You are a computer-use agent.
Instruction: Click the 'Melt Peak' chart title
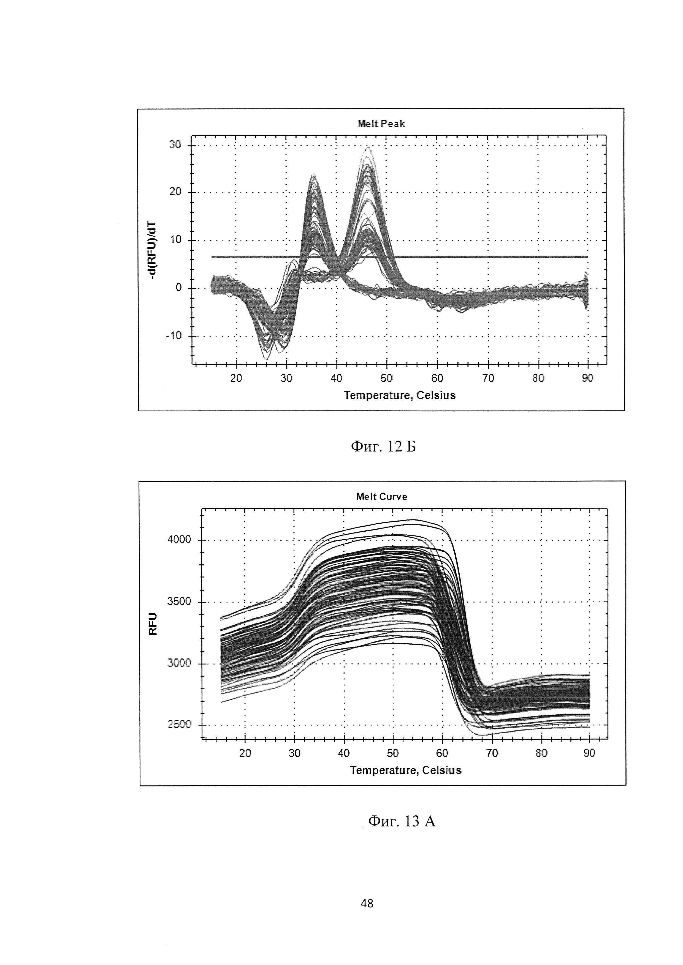coord(381,124)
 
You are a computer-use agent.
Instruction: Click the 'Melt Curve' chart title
coord(381,496)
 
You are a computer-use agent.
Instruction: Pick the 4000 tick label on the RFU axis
coord(179,540)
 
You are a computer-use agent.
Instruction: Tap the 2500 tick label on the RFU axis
coord(179,725)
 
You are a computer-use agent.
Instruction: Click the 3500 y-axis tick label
coord(179,602)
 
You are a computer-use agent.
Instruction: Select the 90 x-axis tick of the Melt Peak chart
coord(587,378)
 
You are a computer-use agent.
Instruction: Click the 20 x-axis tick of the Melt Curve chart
coord(245,753)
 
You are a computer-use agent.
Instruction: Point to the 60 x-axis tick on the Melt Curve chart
coord(443,753)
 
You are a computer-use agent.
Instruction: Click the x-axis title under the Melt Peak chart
coord(400,395)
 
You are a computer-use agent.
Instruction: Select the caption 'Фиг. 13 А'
coord(402,821)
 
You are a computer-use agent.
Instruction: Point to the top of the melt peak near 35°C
coord(313,175)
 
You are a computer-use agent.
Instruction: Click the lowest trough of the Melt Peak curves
coord(266,359)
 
